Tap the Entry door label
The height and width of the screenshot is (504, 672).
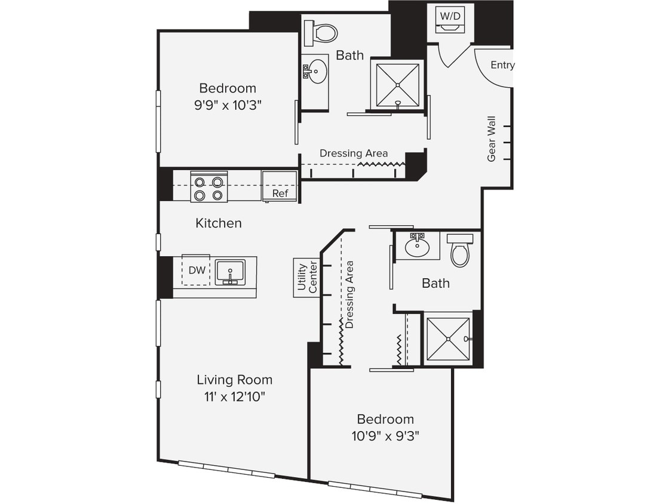click(x=502, y=65)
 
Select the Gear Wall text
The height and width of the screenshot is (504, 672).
click(x=492, y=139)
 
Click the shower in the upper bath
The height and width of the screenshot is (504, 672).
click(x=397, y=84)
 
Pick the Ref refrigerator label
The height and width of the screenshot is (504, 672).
click(x=280, y=193)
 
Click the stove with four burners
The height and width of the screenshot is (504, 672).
click(x=208, y=187)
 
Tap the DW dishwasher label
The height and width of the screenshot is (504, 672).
click(x=197, y=271)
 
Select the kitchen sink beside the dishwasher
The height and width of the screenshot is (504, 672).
click(x=230, y=272)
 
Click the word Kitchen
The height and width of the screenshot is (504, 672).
click(x=219, y=223)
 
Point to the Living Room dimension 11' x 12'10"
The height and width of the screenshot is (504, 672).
click(x=235, y=397)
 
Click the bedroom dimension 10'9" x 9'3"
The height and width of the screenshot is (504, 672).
click(x=385, y=436)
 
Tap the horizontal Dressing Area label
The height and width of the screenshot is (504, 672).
click(x=354, y=153)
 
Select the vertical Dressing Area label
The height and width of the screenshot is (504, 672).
click(x=350, y=294)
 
